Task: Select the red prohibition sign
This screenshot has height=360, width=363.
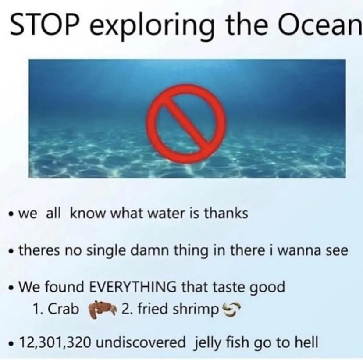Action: click(x=187, y=124)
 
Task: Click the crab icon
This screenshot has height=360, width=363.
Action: click(x=100, y=310)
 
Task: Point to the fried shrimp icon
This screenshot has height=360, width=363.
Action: click(x=231, y=309)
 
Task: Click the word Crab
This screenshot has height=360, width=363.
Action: click(x=64, y=309)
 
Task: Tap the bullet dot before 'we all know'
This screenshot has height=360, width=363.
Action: click(x=10, y=214)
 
